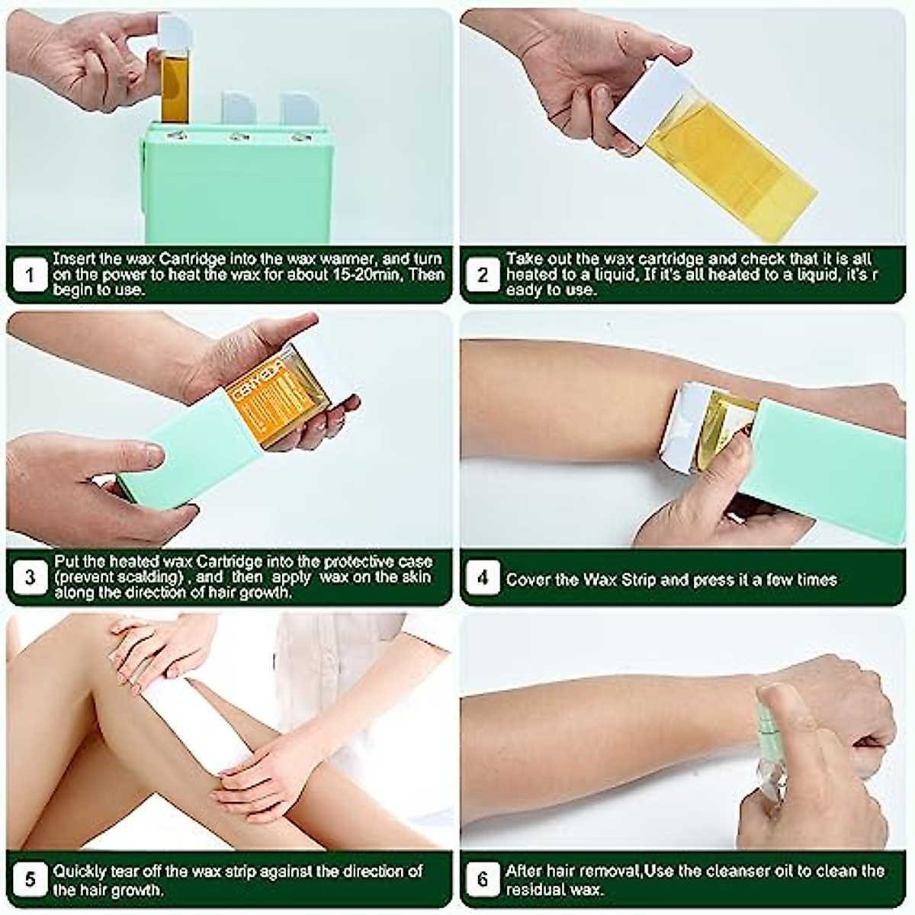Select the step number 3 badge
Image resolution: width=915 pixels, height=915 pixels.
30,577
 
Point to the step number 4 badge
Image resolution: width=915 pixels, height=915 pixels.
483,577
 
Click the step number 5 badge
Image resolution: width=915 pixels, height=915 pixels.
30,880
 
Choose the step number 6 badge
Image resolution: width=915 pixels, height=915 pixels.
483,880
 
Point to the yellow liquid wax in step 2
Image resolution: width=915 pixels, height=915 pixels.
732,160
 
